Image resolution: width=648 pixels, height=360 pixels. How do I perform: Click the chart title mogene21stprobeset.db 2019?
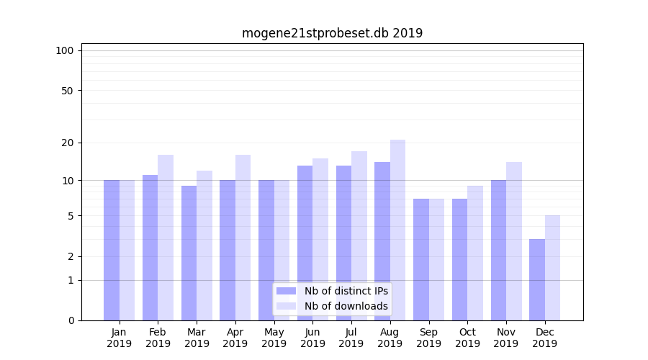[x=332, y=33]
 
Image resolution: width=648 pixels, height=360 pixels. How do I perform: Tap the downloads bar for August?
[x=398, y=230]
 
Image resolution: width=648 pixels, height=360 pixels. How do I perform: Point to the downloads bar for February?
[x=166, y=238]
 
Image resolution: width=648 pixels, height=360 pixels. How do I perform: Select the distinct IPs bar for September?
[x=421, y=259]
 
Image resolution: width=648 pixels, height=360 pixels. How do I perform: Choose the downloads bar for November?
[x=514, y=241]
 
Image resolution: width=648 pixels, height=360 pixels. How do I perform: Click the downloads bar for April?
[x=243, y=238]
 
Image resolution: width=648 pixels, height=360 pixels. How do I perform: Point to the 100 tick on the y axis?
[x=65, y=50]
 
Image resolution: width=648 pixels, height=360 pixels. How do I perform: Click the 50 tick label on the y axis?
[x=67, y=91]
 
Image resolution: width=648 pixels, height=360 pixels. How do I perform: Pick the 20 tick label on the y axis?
[x=67, y=143]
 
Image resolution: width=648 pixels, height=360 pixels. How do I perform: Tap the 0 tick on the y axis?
[x=71, y=320]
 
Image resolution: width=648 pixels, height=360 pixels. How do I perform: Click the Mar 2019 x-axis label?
[x=197, y=338]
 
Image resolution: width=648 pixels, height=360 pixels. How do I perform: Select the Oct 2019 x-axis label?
[x=467, y=338]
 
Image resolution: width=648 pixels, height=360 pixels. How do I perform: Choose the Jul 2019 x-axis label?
[x=351, y=338]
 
